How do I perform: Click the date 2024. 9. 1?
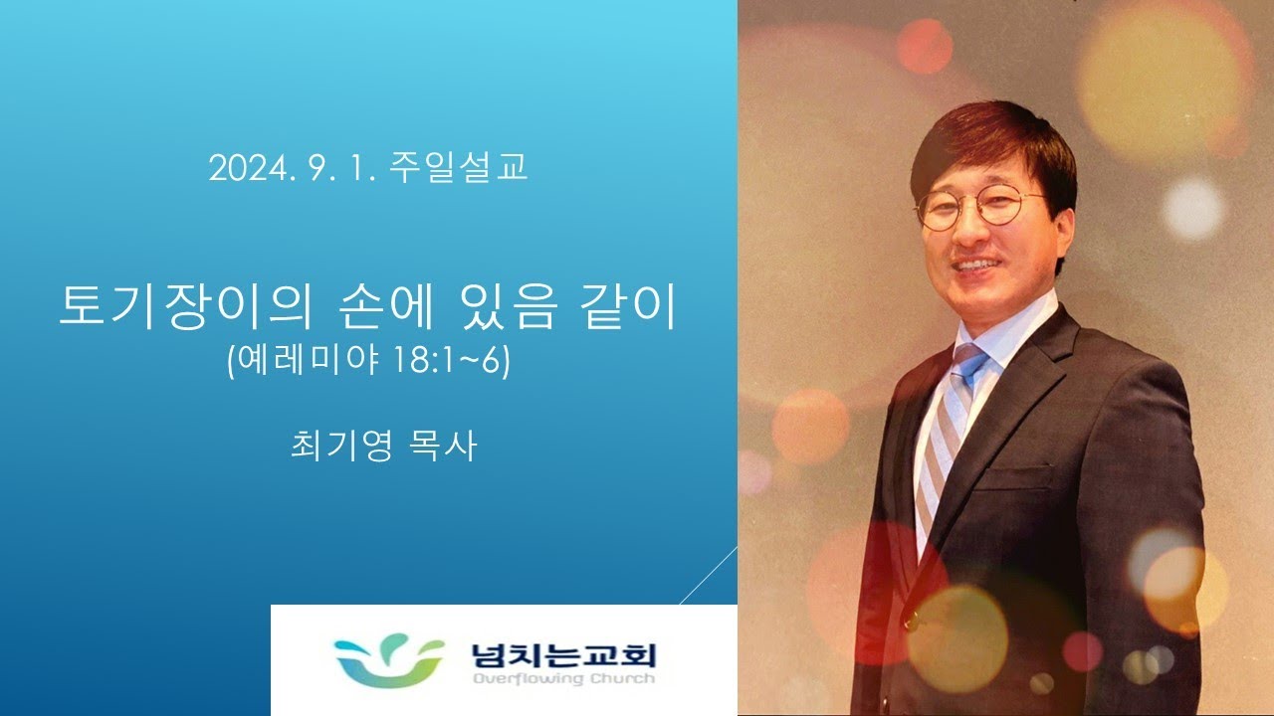coord(293,168)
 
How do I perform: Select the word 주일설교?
coord(459,167)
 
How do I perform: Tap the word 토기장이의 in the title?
coord(186,308)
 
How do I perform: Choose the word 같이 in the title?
coord(627,308)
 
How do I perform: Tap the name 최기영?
coord(340,446)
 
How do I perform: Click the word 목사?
coord(443,446)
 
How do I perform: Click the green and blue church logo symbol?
coord(389,661)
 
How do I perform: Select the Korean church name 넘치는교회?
coord(563,655)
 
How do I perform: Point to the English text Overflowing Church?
coord(563,678)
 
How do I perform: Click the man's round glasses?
coord(981,209)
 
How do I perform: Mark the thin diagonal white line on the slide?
coord(709,575)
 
